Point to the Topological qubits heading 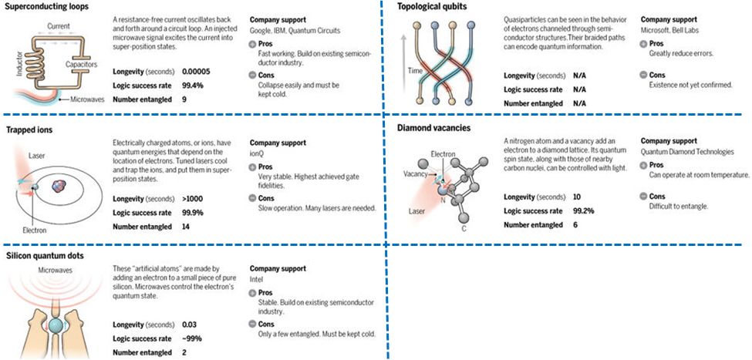pyautogui.click(x=432, y=7)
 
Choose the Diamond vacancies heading pyautogui.click(x=433, y=127)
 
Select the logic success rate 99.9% pyautogui.click(x=193, y=212)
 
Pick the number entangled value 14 pyautogui.click(x=186, y=226)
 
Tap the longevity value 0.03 pyautogui.click(x=188, y=324)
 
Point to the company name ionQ pyautogui.click(x=258, y=153)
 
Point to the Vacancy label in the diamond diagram pyautogui.click(x=416, y=174)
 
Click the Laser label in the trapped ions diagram pyautogui.click(x=36, y=155)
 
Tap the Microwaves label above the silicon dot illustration pyautogui.click(x=56, y=270)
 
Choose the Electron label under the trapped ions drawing pyautogui.click(x=33, y=230)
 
